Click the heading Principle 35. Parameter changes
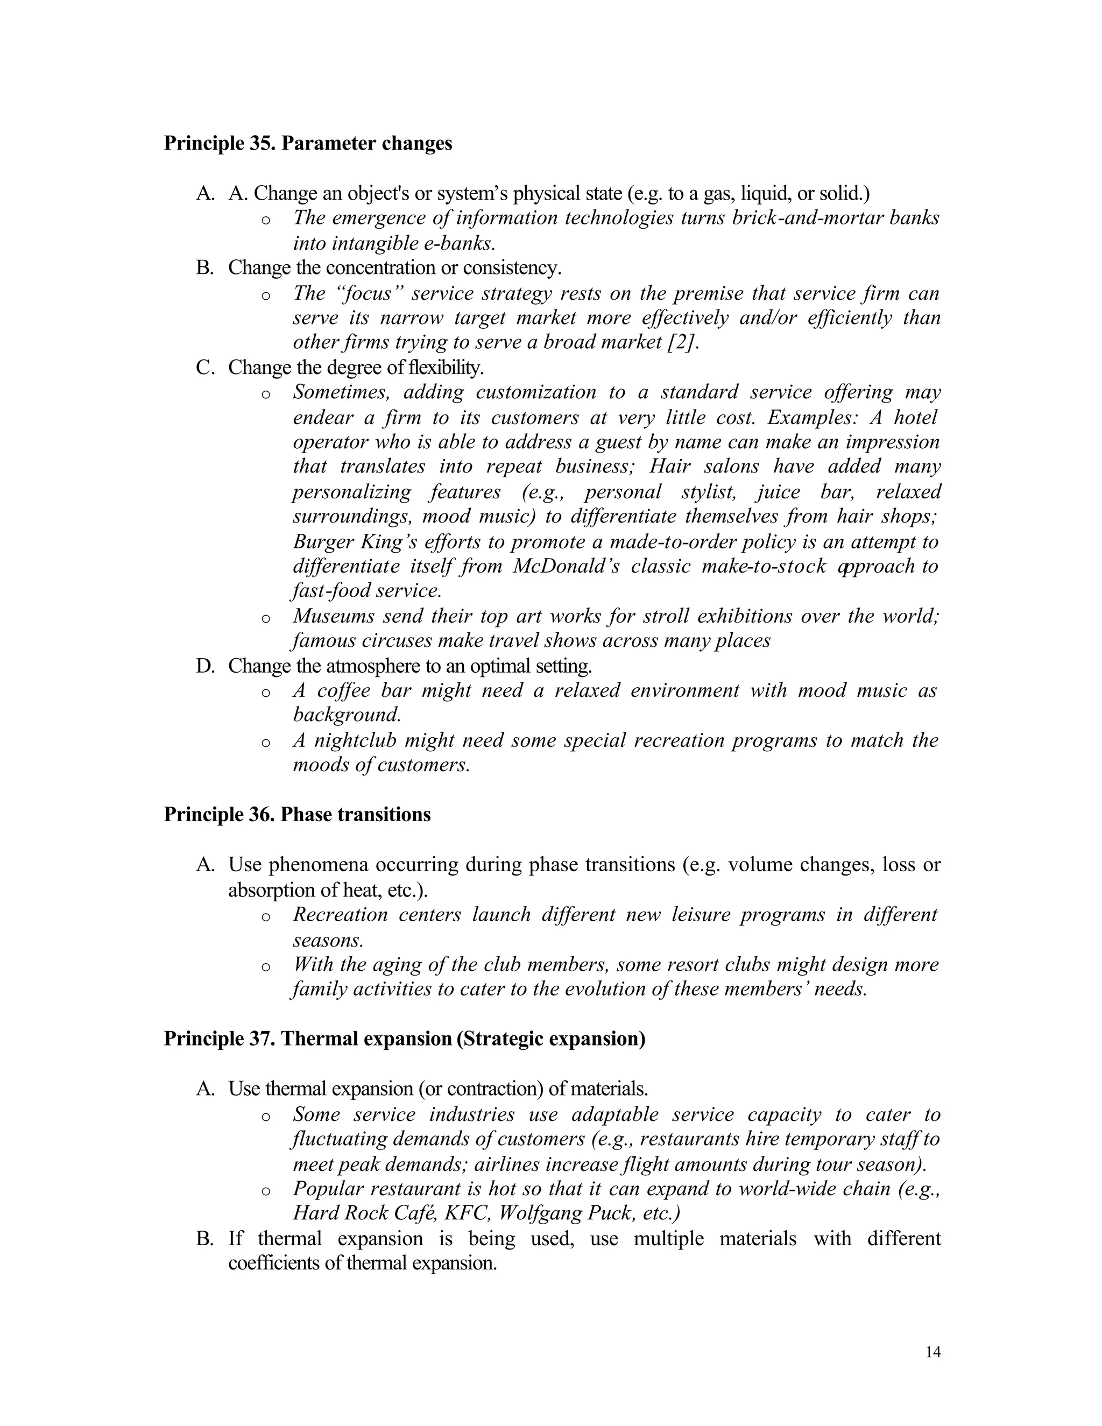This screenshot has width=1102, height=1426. pyautogui.click(x=307, y=143)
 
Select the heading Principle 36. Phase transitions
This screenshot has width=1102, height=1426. pyautogui.click(x=297, y=814)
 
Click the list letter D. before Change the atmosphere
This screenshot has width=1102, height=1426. pyautogui.click(x=205, y=666)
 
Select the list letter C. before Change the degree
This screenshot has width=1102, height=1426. pyautogui.click(x=205, y=368)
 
